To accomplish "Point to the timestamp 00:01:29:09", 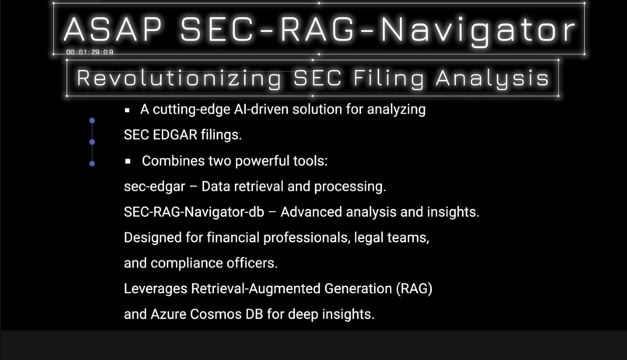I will (90, 52).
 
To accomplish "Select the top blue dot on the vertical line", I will (92, 121).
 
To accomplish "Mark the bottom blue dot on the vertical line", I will (92, 163).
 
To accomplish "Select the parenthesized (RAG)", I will (414, 288).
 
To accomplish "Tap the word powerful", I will (250, 161).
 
